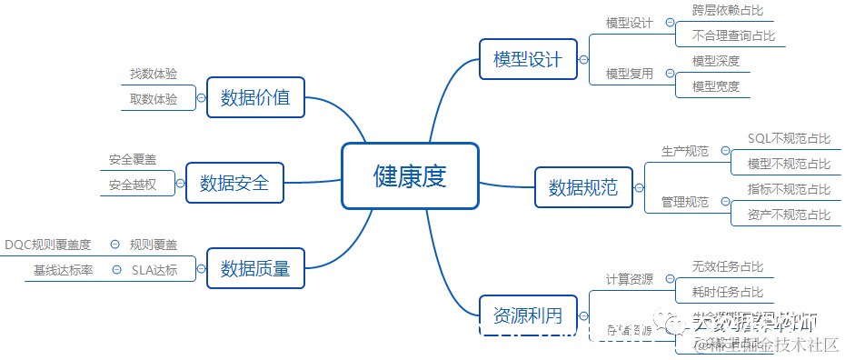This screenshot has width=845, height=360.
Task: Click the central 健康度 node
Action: [410, 175]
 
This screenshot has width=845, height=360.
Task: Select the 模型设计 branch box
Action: [527, 60]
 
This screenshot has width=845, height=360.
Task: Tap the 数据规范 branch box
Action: [582, 187]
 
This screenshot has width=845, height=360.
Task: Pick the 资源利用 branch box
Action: [527, 315]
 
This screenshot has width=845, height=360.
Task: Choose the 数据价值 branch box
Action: [254, 97]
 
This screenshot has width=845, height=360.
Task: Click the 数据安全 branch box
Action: [234, 183]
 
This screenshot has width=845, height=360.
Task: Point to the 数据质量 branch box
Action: [254, 268]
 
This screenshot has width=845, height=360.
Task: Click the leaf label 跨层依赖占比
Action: [727, 11]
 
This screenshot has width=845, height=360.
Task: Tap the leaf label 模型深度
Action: [715, 61]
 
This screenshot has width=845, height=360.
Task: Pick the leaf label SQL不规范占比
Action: [789, 138]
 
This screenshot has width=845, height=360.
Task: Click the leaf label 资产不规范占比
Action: [789, 215]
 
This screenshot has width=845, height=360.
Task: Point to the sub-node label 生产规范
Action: [684, 151]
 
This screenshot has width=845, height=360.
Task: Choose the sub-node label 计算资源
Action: [629, 279]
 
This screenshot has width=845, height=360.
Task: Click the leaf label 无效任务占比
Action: [727, 266]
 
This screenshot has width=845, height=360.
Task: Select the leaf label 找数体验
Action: [154, 73]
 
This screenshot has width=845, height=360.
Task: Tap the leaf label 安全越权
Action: [133, 185]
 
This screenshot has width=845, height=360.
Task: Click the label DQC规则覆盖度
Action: [47, 244]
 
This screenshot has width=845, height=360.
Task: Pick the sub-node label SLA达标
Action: [154, 269]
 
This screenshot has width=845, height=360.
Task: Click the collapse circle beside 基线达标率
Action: [115, 269]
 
